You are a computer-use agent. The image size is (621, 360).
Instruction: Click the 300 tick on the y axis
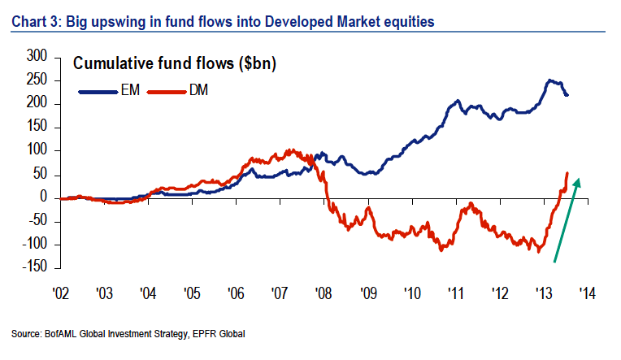[x=38, y=57]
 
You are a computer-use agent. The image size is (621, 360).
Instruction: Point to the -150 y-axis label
[x=33, y=267]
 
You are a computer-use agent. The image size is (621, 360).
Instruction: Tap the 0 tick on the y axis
[x=47, y=197]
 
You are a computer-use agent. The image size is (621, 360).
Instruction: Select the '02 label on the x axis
[x=62, y=295]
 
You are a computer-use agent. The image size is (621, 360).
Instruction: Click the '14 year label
[x=586, y=295]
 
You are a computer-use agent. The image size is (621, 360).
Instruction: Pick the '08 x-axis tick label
[x=324, y=295]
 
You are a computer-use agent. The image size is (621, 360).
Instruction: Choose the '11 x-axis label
[x=454, y=295]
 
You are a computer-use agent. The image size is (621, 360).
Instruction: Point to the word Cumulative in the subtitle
[x=115, y=65]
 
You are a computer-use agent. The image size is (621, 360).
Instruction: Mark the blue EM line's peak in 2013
[x=550, y=80]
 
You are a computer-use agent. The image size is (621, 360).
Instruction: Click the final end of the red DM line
[x=567, y=173]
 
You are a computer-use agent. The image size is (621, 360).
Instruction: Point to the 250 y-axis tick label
[x=38, y=80]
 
